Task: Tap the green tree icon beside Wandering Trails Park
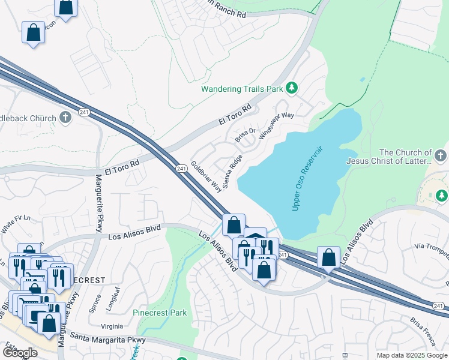(292, 88)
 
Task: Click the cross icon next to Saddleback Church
(65, 118)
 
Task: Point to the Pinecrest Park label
(160, 313)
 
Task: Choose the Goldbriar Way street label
(206, 176)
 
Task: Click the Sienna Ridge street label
(232, 171)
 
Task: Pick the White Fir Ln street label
(16, 226)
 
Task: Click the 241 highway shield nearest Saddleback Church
(85, 112)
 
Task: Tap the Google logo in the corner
(20, 353)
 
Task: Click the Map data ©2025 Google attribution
(411, 355)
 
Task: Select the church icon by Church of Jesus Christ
(441, 157)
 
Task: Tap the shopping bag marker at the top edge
(66, 8)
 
